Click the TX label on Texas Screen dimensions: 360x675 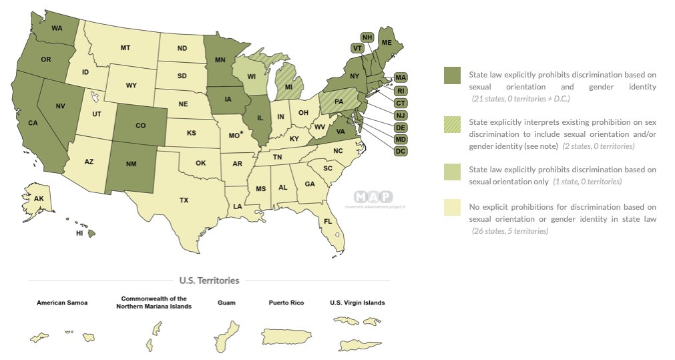pos(184,200)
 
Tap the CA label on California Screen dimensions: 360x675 pos(33,122)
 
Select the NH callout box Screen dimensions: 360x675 pos(367,37)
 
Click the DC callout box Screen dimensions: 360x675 pos(401,152)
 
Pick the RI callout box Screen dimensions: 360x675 pos(401,90)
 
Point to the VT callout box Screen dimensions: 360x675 pos(357,48)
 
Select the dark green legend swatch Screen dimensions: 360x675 pos(453,75)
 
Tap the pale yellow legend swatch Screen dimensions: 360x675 pos(453,208)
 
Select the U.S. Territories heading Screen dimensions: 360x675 pos(209,281)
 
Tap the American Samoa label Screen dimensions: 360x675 pos(61,303)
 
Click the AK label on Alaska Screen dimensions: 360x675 pos(39,199)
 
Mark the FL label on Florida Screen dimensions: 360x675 pos(328,220)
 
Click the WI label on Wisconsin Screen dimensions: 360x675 pos(252,77)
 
